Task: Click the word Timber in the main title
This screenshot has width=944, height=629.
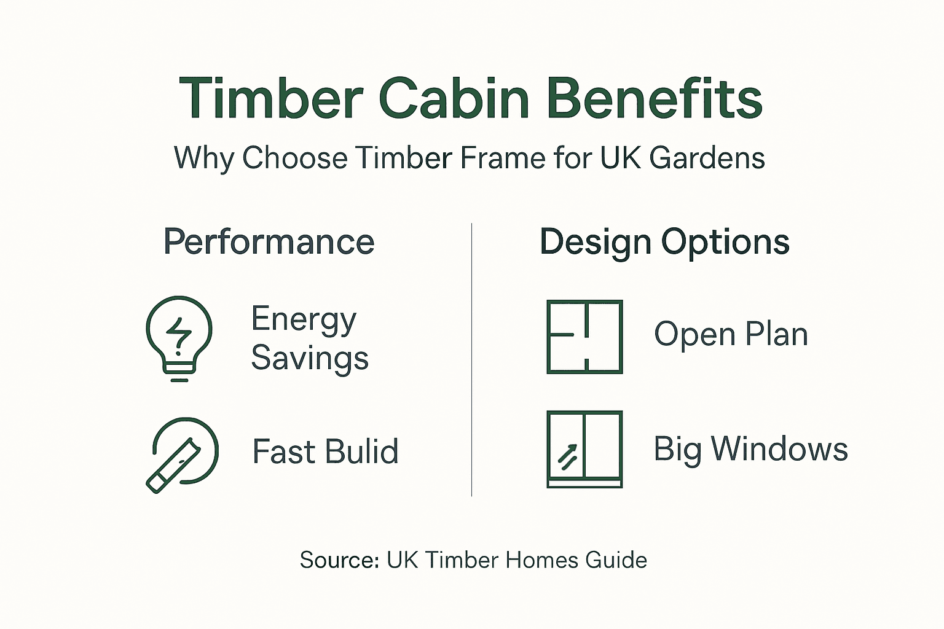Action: pyautogui.click(x=271, y=99)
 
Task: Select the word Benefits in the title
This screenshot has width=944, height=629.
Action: pyautogui.click(x=654, y=99)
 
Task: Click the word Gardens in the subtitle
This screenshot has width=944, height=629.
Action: pyautogui.click(x=707, y=158)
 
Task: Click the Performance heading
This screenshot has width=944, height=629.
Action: pyautogui.click(x=269, y=242)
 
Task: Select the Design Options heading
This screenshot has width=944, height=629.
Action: pyautogui.click(x=664, y=242)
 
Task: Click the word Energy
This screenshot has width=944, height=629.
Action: pyautogui.click(x=304, y=320)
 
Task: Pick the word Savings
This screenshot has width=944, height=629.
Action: pyautogui.click(x=310, y=358)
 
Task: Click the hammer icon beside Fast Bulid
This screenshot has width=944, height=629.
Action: pyautogui.click(x=181, y=455)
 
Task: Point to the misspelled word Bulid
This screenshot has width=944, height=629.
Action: pyautogui.click(x=361, y=451)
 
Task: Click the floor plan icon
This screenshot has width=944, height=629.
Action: pyautogui.click(x=584, y=337)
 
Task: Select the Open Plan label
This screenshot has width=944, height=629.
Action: pyautogui.click(x=731, y=335)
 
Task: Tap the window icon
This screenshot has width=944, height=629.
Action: pyautogui.click(x=584, y=449)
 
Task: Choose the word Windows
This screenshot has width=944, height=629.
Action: pyautogui.click(x=779, y=449)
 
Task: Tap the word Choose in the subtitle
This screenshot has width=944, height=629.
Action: pyautogui.click(x=294, y=158)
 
